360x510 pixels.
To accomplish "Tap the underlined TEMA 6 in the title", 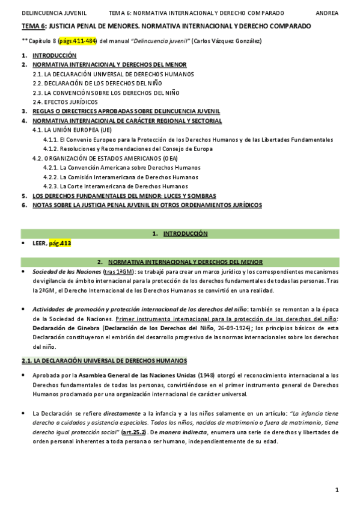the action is point(34,26).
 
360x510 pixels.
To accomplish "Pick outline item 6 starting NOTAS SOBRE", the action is point(147,205).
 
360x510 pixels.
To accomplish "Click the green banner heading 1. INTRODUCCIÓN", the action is point(180,233).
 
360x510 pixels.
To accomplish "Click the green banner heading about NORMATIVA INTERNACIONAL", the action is point(180,262).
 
